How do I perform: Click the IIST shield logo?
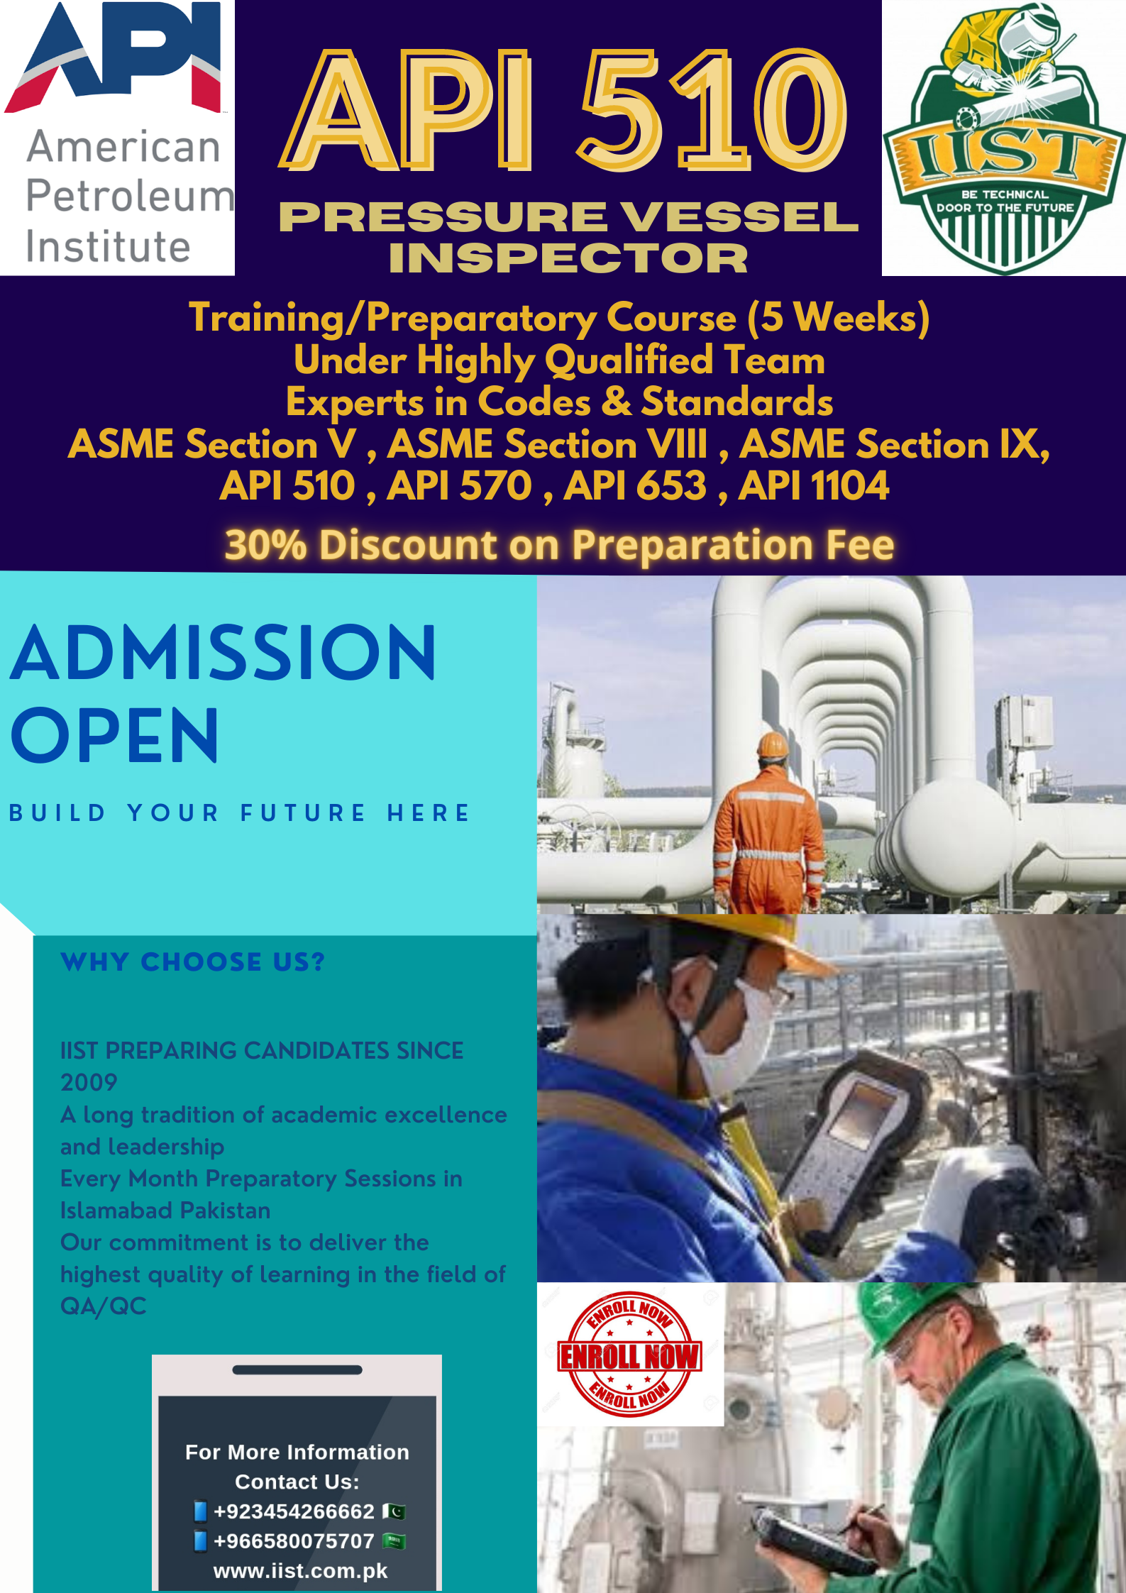(x=1004, y=138)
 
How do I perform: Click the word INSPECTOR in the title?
(x=568, y=258)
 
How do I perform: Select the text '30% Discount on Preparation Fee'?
(x=559, y=545)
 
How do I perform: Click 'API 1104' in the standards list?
(x=813, y=486)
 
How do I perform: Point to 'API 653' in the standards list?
(x=635, y=486)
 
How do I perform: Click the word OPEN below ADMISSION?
(x=115, y=735)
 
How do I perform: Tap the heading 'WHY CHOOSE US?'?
(x=193, y=962)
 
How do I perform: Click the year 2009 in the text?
(x=89, y=1082)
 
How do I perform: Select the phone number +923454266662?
(x=294, y=1511)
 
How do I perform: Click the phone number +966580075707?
(x=294, y=1541)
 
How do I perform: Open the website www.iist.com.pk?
(x=300, y=1571)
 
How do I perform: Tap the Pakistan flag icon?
(x=394, y=1511)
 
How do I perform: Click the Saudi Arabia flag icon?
(x=394, y=1541)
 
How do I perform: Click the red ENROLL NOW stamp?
(x=629, y=1355)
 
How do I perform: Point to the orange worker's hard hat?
(x=773, y=746)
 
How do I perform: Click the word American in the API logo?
(x=123, y=148)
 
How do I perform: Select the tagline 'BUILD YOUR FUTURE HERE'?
(x=239, y=813)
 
